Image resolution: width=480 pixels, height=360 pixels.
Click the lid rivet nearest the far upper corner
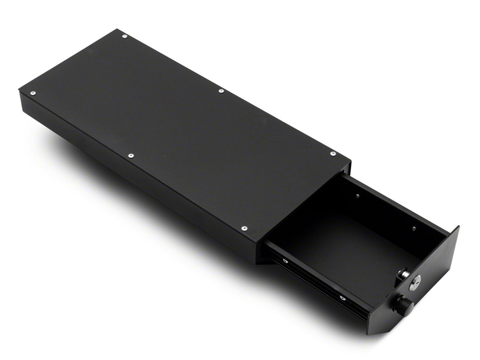pyautogui.click(x=124, y=36)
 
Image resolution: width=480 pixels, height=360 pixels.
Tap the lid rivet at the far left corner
pyautogui.click(x=33, y=92)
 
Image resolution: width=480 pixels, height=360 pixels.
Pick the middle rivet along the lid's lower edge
pyautogui.click(x=130, y=155)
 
